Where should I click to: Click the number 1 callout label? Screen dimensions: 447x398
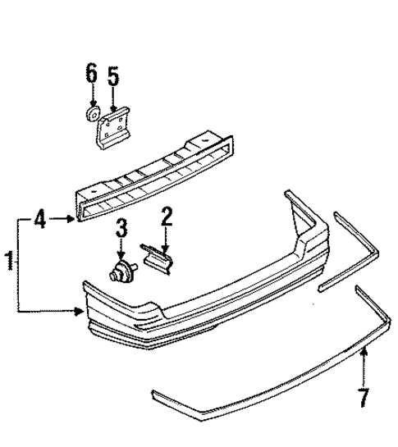(x=9, y=263)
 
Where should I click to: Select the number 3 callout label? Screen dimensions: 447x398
(x=121, y=229)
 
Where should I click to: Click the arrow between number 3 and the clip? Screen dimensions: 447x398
(x=121, y=250)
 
